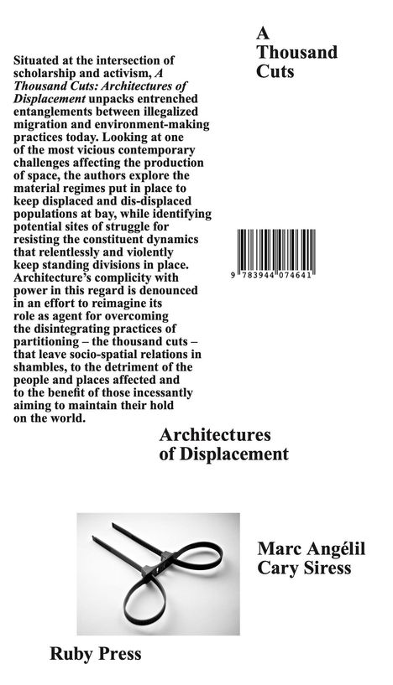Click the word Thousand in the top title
(x=296, y=53)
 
